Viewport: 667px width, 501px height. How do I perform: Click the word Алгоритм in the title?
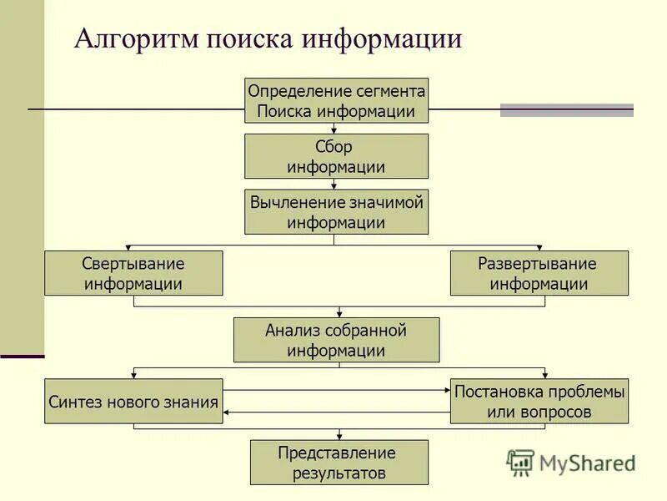[x=133, y=39]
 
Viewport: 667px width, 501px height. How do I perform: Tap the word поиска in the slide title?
[x=247, y=39]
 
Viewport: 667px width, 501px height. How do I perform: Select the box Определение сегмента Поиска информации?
[x=336, y=100]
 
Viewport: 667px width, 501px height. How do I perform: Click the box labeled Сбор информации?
[x=336, y=156]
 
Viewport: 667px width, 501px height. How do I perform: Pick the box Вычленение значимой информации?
[x=336, y=212]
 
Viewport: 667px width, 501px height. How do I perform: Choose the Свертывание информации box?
[x=133, y=273]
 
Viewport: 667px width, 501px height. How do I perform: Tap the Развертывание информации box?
[x=539, y=273]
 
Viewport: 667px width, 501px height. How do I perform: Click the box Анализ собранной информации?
[x=336, y=340]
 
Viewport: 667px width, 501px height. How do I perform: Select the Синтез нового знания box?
[x=133, y=402]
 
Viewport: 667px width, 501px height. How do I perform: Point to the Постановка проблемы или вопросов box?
[x=539, y=402]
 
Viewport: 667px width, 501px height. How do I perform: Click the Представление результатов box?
[x=339, y=463]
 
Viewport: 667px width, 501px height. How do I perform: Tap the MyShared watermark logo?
[x=570, y=462]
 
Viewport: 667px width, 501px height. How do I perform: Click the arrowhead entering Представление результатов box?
[x=339, y=436]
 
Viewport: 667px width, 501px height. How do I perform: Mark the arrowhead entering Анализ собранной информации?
[x=339, y=313]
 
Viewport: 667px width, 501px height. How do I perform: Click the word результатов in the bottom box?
[x=339, y=473]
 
